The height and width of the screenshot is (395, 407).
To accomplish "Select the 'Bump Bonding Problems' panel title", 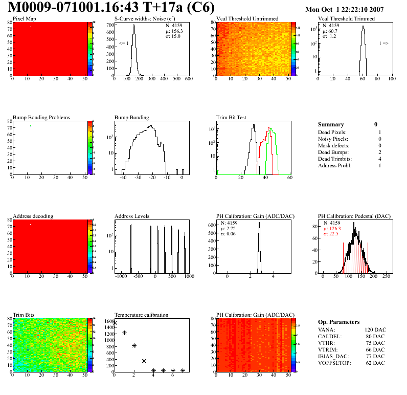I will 41,117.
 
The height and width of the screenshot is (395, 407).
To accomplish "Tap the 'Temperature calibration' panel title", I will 142,315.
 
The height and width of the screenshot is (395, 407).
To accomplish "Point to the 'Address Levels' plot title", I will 132,216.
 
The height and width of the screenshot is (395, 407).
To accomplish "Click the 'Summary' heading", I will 331,124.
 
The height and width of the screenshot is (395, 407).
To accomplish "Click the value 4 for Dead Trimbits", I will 380,159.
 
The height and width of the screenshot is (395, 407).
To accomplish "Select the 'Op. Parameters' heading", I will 338,322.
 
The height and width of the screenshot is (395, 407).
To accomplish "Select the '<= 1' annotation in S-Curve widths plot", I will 124,43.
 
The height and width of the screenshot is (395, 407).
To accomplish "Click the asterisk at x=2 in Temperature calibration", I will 134,345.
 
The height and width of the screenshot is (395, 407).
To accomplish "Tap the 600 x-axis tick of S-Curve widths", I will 188,79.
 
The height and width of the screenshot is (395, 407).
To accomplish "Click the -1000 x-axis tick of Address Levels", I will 121,276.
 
